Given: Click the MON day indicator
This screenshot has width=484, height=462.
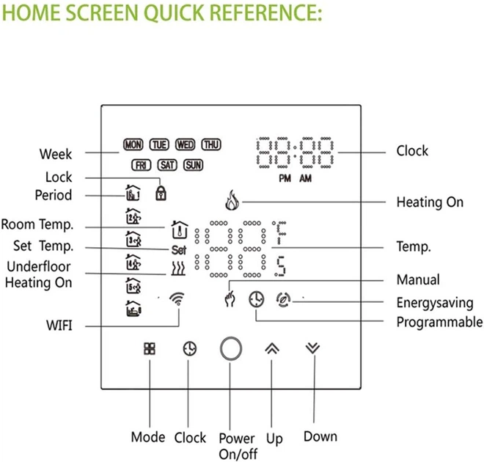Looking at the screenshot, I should (x=133, y=145).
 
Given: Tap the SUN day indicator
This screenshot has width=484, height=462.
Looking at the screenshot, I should (x=194, y=166).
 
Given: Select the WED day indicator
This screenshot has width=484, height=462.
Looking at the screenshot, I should (x=186, y=145).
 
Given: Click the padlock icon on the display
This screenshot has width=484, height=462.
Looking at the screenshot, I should (x=159, y=193).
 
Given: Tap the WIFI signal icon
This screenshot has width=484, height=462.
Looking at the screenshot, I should (x=176, y=299).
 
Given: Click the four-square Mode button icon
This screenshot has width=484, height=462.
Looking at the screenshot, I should (x=149, y=348).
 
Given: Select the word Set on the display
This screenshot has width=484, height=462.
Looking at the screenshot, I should (x=180, y=249).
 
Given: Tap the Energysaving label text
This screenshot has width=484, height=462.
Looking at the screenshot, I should (x=435, y=302).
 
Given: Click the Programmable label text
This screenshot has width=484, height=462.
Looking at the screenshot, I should (x=439, y=322).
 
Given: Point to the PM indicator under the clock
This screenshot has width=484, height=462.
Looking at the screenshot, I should (x=284, y=179).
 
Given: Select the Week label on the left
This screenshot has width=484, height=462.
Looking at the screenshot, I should (x=56, y=154).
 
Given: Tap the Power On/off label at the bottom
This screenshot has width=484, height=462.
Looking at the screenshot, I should (x=237, y=446).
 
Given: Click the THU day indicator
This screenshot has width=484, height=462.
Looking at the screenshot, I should (x=211, y=145).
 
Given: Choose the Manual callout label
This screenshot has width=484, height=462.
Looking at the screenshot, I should (x=418, y=279).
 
